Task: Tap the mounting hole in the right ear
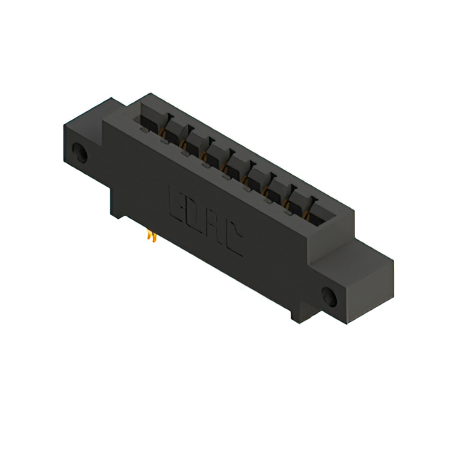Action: pyautogui.click(x=330, y=296)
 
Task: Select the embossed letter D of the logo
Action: pyautogui.click(x=193, y=213)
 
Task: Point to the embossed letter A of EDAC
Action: pyautogui.click(x=212, y=227)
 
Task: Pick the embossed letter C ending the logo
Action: pyautogui.click(x=232, y=240)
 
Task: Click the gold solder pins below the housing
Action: pyautogui.click(x=151, y=235)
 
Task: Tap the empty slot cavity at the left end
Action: pyautogui.click(x=150, y=118)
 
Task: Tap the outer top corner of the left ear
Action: pyautogui.click(x=63, y=127)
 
